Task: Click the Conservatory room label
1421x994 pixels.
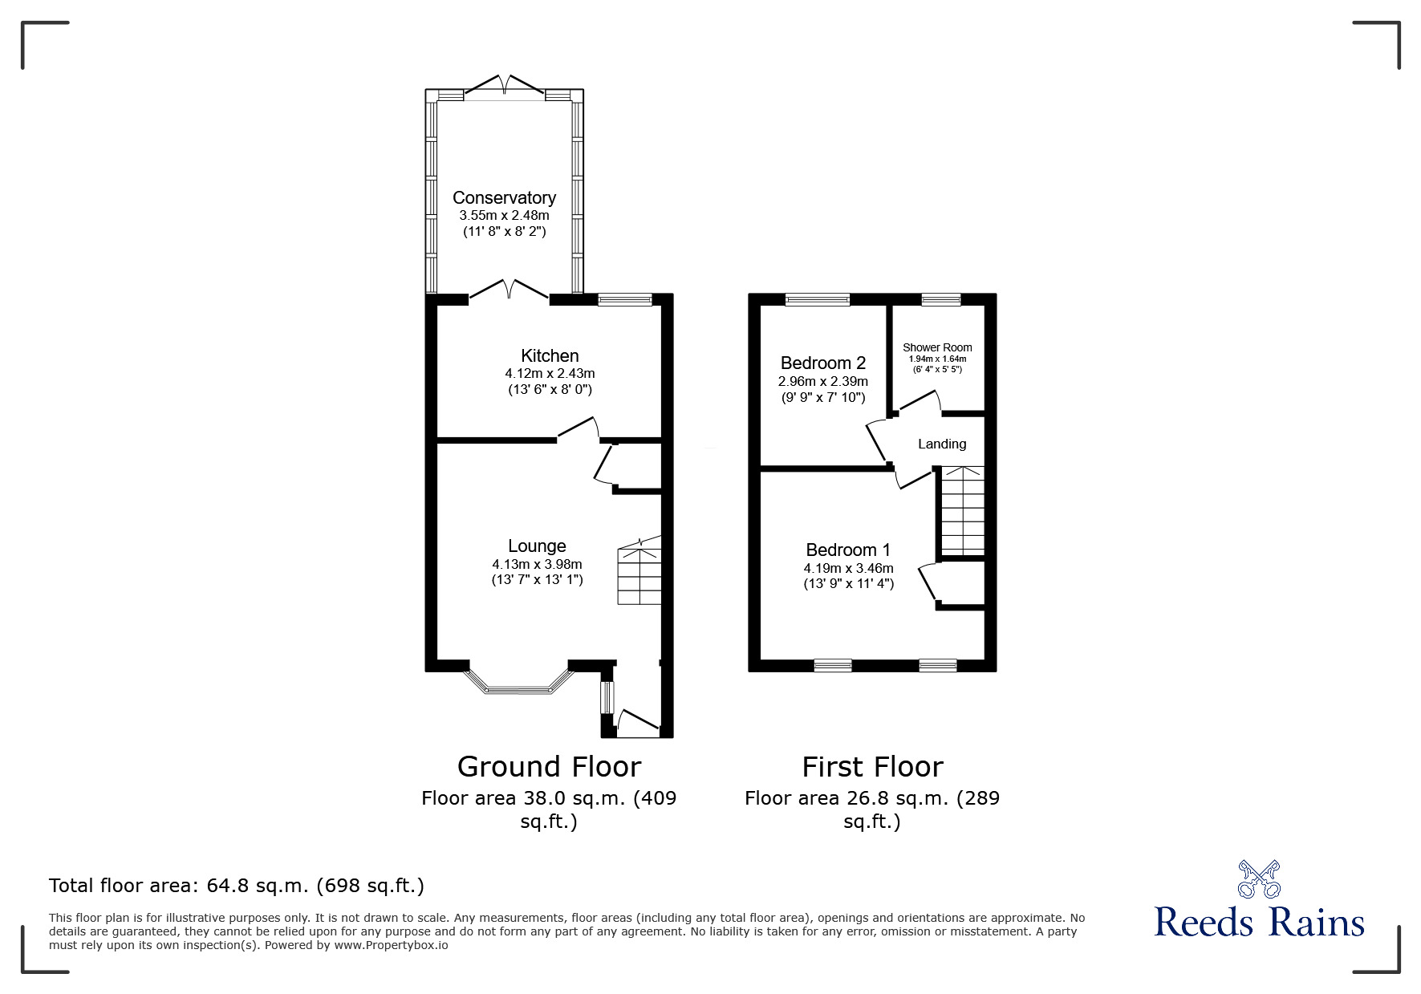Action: (504, 198)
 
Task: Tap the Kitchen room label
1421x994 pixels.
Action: (550, 355)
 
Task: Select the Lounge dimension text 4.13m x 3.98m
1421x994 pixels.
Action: (537, 564)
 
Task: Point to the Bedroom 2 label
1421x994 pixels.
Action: (823, 363)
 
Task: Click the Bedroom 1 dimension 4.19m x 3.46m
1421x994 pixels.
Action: (848, 568)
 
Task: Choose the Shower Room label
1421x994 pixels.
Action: (937, 347)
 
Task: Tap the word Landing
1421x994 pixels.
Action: (942, 444)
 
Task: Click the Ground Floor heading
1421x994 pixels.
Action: (549, 767)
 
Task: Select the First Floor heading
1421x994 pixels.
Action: (872, 767)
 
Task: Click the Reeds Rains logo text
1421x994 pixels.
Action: (1259, 922)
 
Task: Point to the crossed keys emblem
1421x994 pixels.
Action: (1259, 878)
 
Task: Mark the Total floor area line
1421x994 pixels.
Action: (237, 886)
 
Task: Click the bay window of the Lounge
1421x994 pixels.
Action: (518, 680)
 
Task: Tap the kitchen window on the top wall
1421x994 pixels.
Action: (625, 300)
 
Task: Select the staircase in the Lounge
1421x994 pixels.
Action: (639, 571)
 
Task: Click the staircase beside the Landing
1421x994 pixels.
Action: (962, 511)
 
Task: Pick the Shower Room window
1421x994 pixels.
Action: (940, 300)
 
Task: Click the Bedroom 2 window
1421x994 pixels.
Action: (817, 300)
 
